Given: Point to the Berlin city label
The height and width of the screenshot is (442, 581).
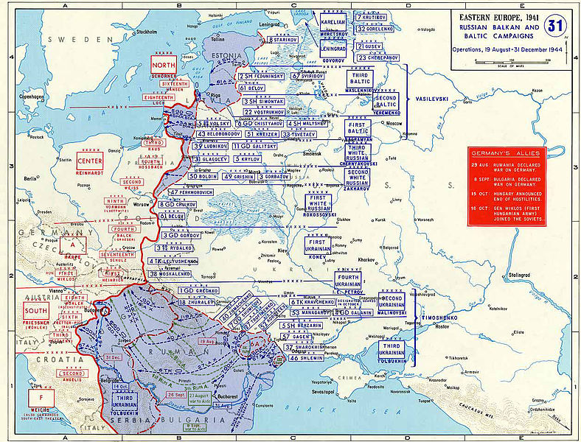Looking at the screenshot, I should (29, 178).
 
